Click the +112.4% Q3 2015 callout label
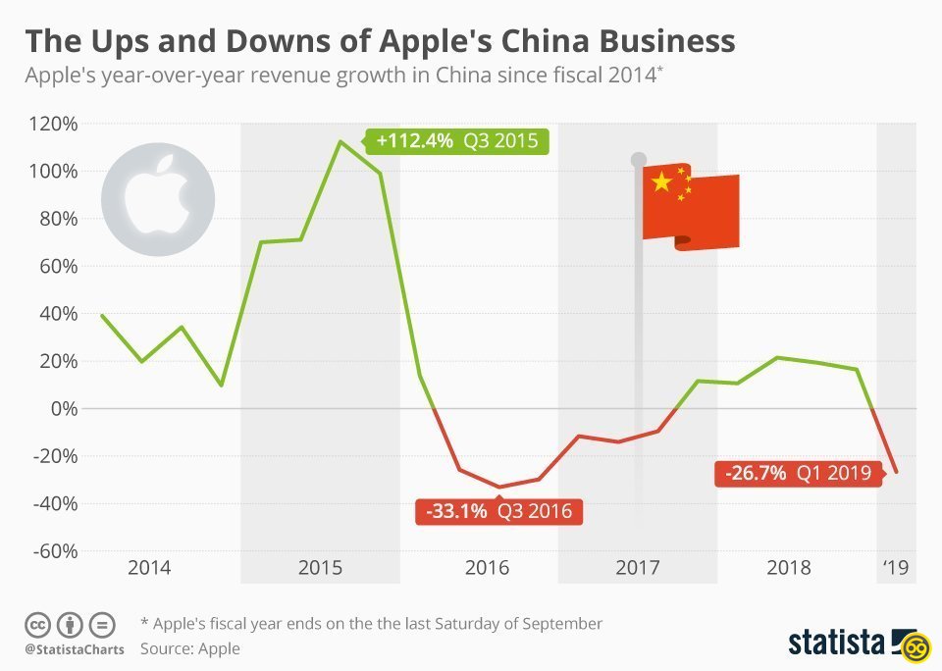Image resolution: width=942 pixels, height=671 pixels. click(x=457, y=140)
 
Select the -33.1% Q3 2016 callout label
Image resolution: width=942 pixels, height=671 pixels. click(x=498, y=511)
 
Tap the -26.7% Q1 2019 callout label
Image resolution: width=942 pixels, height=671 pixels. click(x=798, y=473)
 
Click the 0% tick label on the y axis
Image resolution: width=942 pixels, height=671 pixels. click(x=64, y=408)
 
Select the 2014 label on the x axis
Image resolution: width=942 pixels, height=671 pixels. click(x=149, y=568)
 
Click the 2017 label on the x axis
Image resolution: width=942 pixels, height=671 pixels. click(x=639, y=568)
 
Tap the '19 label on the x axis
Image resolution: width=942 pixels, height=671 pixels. click(x=897, y=568)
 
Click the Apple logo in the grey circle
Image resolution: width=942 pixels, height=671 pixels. click(x=157, y=191)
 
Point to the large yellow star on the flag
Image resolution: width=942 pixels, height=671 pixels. click(x=661, y=181)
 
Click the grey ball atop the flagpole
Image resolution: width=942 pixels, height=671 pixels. click(x=639, y=159)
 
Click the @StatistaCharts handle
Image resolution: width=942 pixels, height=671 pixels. click(x=75, y=649)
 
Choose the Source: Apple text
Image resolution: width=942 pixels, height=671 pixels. click(x=189, y=648)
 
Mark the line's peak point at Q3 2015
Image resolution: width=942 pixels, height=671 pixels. click(x=340, y=141)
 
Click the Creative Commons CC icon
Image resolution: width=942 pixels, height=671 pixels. click(x=37, y=624)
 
